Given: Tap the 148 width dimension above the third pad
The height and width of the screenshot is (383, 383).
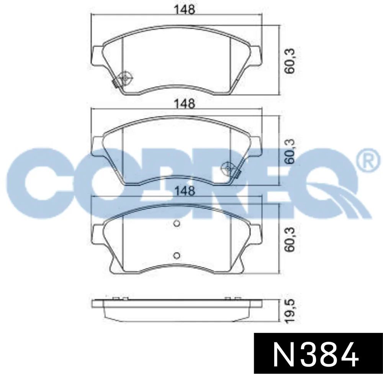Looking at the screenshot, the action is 185,191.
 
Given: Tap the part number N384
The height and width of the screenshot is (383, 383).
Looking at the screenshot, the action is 316,354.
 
